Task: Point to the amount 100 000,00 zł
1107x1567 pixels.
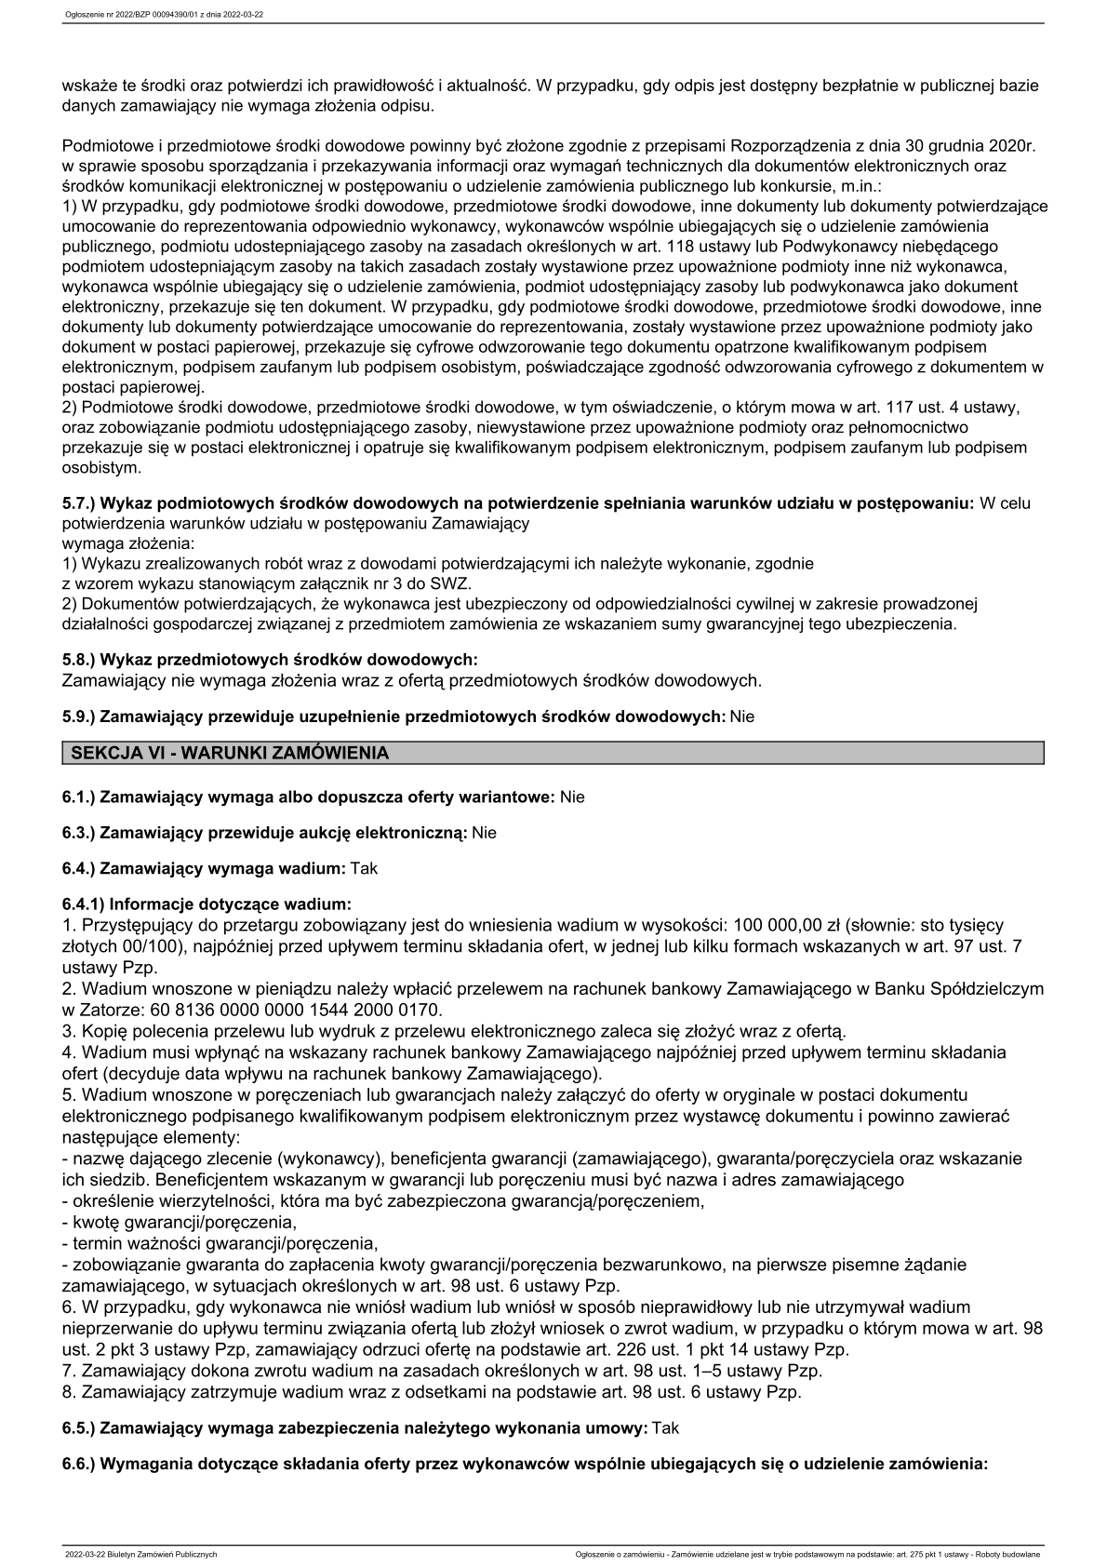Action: pos(786,925)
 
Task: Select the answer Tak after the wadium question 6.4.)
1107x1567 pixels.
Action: pos(364,868)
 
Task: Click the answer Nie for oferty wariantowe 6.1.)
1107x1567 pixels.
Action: pos(572,797)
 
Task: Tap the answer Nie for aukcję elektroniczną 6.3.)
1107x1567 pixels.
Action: pos(484,832)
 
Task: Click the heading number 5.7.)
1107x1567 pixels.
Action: pos(78,502)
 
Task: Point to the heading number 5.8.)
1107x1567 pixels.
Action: pos(78,660)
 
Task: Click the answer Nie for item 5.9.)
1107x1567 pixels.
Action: pos(742,717)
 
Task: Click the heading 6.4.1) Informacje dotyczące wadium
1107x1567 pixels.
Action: pos(207,904)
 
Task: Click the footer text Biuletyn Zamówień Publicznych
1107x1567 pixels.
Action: pos(161,1554)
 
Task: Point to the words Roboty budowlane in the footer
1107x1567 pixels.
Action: pos(1010,1554)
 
